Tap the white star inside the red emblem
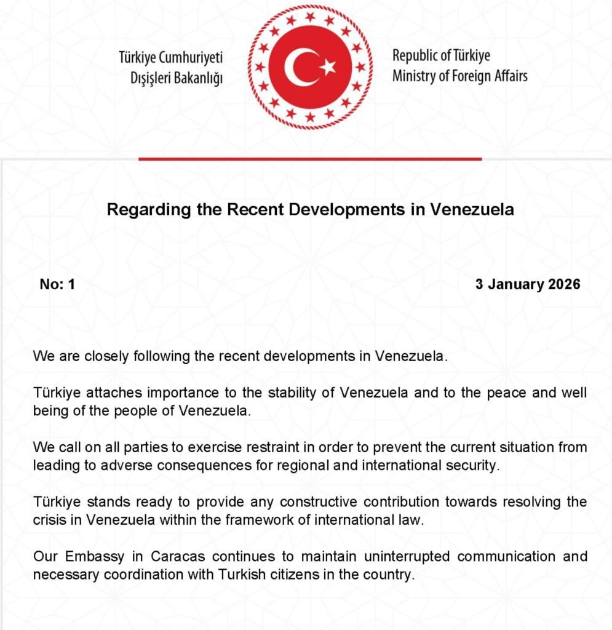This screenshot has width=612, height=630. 328,66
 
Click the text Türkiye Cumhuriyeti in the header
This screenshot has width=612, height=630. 171,58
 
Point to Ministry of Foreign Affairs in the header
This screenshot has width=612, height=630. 459,76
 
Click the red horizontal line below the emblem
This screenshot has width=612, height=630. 309,159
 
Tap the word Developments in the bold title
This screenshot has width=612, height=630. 346,210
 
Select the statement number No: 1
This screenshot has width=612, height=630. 57,284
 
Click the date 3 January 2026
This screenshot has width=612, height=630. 528,284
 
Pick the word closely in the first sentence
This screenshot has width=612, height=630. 95,356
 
